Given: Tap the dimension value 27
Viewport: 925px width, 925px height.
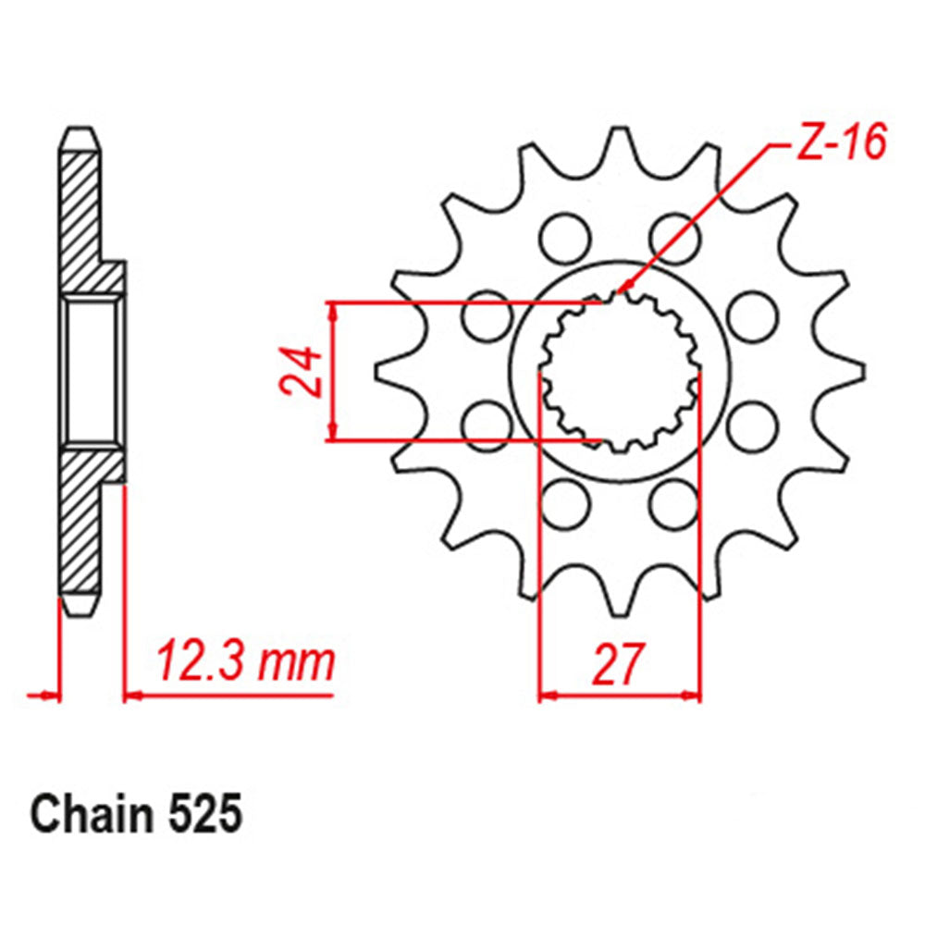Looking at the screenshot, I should pos(618,664).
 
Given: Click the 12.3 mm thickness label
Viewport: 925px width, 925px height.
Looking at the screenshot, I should pos(244,662).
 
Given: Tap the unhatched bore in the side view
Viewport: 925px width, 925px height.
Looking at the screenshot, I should pos(91,370).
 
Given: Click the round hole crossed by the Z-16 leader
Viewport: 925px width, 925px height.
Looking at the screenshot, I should pos(672,234).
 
